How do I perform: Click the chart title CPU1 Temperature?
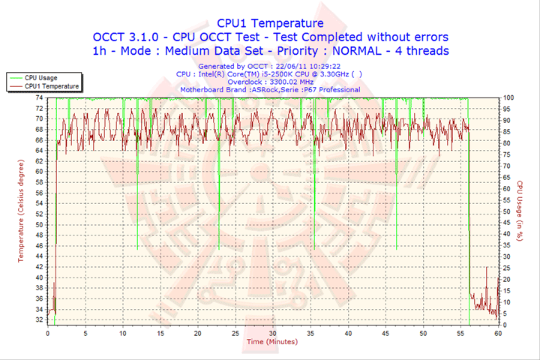pyautogui.click(x=270, y=23)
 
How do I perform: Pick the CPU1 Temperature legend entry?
pyautogui.click(x=49, y=86)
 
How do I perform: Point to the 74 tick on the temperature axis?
pyautogui.click(x=39, y=98)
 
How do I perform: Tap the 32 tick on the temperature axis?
pyautogui.click(x=39, y=319)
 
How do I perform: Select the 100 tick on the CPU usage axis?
pyautogui.click(x=508, y=98)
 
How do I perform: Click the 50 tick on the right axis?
pyautogui.click(x=506, y=211)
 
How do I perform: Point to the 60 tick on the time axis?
pyautogui.click(x=498, y=333)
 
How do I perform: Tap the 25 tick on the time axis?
pyautogui.click(x=235, y=333)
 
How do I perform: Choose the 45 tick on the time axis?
pyautogui.click(x=385, y=333)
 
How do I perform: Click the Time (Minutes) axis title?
pyautogui.click(x=271, y=342)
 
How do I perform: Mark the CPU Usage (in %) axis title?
pyautogui.click(x=518, y=209)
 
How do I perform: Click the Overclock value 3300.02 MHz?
pyautogui.click(x=289, y=82)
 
